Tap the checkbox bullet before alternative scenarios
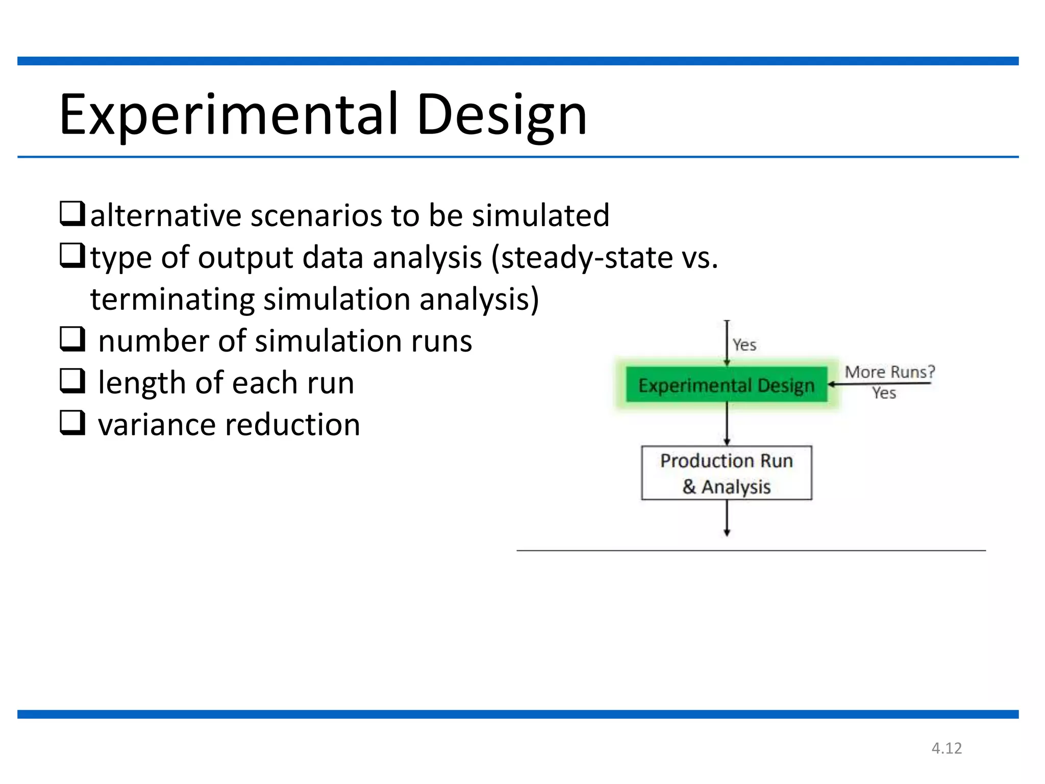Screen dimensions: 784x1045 72,213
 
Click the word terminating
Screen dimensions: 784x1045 172,299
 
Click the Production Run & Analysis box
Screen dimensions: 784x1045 726,473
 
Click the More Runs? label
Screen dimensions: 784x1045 889,372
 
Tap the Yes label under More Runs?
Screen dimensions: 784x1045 884,393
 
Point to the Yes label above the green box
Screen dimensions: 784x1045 744,345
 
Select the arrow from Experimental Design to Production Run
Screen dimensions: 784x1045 727,424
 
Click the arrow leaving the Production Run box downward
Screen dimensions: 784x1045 727,518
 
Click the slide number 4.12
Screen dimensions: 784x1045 947,748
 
